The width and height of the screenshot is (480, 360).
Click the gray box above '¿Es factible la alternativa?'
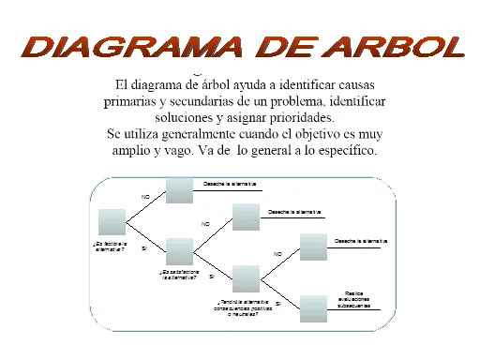(112, 222)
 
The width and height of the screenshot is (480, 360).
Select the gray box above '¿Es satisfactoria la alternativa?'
(178, 251)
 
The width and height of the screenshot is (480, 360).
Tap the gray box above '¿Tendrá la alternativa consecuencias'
(246, 279)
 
